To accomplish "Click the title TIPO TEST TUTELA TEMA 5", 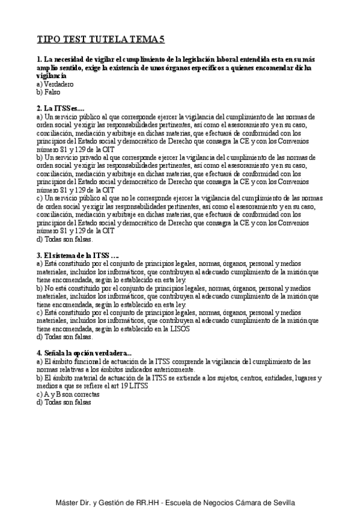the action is pyautogui.click(x=100, y=40).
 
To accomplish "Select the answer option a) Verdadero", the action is pyautogui.click(x=53, y=85).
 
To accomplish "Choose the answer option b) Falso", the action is pyautogui.click(x=49, y=93).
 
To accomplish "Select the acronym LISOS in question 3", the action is pyautogui.click(x=180, y=329).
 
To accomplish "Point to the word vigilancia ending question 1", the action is pyautogui.click(x=51, y=77).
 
